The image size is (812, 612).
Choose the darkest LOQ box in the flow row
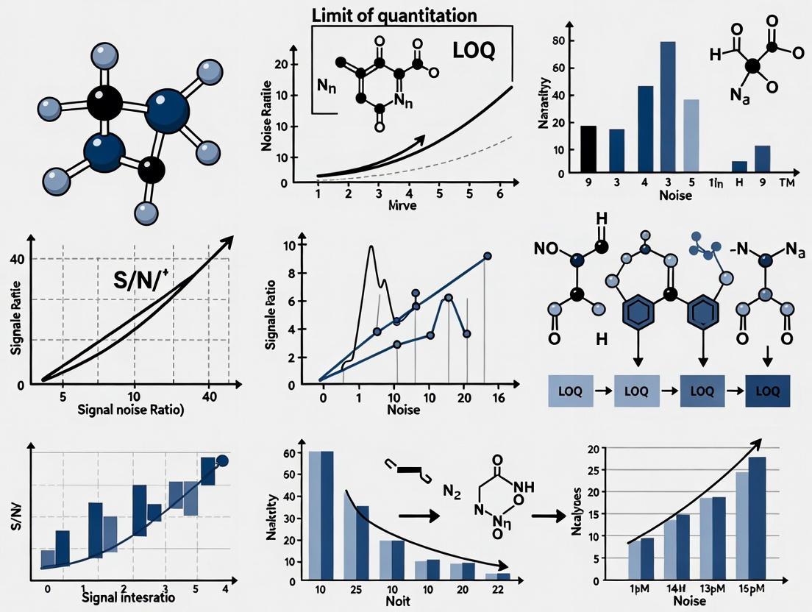click(767, 391)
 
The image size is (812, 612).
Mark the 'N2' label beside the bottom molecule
click(452, 492)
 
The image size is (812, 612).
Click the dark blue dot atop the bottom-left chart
click(224, 461)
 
